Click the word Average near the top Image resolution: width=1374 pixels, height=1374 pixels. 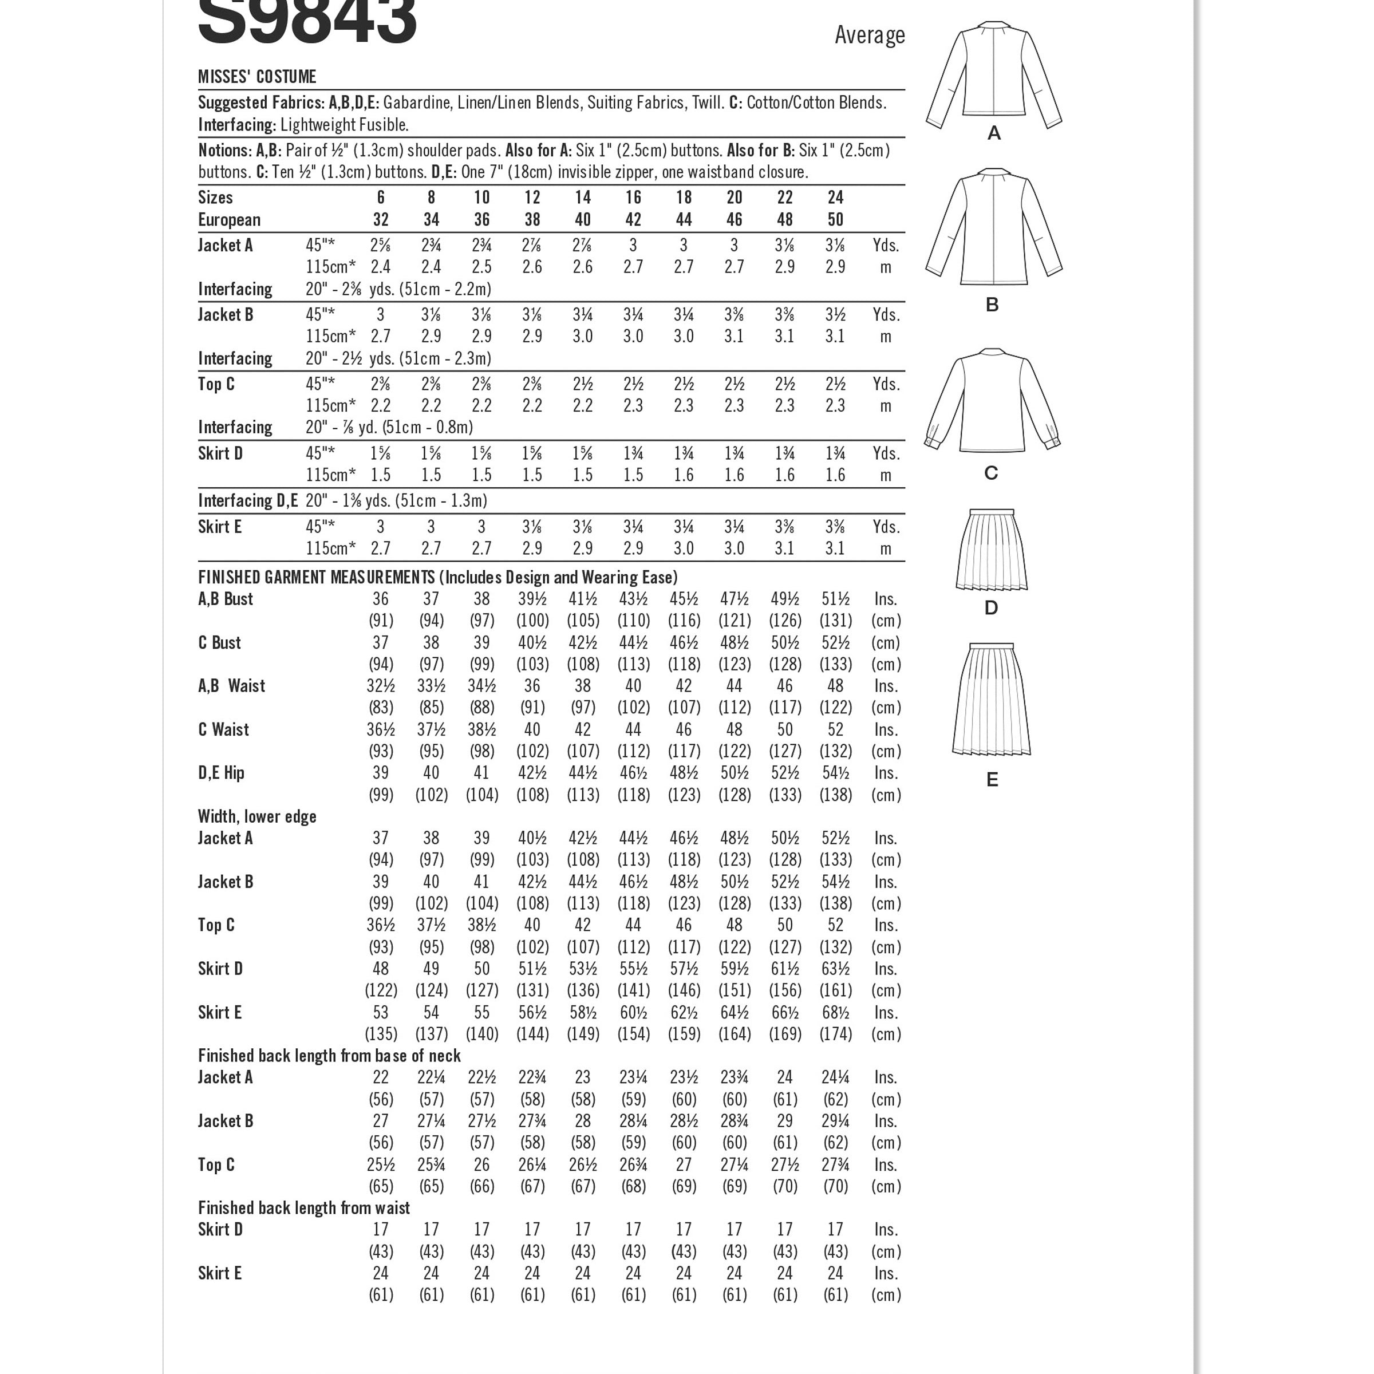coord(869,35)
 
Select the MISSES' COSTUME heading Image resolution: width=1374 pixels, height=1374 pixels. coord(256,77)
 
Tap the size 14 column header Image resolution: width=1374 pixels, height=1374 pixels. coord(582,198)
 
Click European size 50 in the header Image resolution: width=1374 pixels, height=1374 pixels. coord(835,220)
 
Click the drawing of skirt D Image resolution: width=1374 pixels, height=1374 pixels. coord(992,550)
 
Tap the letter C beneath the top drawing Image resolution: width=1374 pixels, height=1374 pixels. coord(990,473)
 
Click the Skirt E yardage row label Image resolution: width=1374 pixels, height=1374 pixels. coord(220,527)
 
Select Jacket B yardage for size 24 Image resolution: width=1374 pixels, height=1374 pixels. coord(835,315)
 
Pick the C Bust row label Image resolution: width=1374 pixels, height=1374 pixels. coord(219,643)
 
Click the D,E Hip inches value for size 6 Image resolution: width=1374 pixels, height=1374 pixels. coord(381,773)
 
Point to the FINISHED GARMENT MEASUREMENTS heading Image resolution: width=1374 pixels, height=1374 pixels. coord(437,578)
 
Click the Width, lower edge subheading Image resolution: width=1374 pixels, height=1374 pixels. coord(256,816)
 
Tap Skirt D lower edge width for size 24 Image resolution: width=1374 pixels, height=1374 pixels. coord(835,969)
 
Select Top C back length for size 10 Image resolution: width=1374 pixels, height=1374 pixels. coord(481,1165)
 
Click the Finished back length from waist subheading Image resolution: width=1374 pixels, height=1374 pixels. coord(303,1209)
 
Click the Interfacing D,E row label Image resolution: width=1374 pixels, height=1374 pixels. coord(247,501)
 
